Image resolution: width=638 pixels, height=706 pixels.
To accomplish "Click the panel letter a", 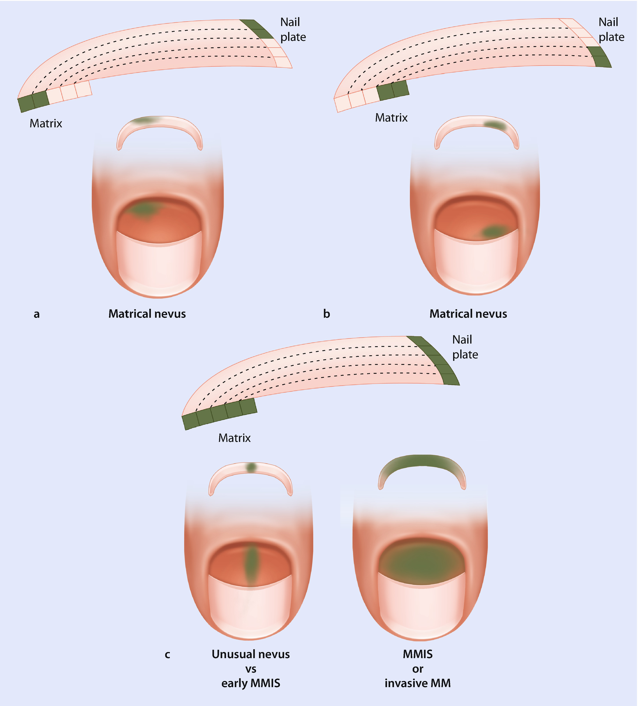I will coord(36,314).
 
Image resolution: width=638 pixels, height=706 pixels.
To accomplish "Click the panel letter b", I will coord(326,314).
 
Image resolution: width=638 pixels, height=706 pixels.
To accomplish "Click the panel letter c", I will coord(167,654).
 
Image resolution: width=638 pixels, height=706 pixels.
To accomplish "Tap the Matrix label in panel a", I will coord(46,123).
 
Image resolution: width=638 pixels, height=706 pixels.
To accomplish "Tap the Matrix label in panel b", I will coord(391,118).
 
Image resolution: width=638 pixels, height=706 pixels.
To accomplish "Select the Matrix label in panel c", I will coord(234,438).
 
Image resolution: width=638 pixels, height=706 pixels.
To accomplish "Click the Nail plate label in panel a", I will coord(293,29).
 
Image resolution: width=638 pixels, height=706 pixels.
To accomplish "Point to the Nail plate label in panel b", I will coord(611,29).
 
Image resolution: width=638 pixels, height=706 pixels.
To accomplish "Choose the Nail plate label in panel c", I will coord(465,347).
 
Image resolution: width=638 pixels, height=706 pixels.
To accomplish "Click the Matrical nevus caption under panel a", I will coord(147,314).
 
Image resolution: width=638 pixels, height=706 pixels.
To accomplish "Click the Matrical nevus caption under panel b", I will coord(468,314).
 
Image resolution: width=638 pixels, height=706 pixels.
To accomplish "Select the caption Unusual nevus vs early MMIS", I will coord(250,669).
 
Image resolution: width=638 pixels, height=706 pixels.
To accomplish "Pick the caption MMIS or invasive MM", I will coord(418,669).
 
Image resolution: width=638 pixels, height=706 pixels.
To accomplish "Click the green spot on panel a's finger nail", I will coord(143,209).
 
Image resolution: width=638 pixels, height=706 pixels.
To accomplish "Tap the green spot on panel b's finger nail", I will coord(495,231).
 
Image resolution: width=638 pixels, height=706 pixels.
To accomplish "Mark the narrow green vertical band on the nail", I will coord(251,562).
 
